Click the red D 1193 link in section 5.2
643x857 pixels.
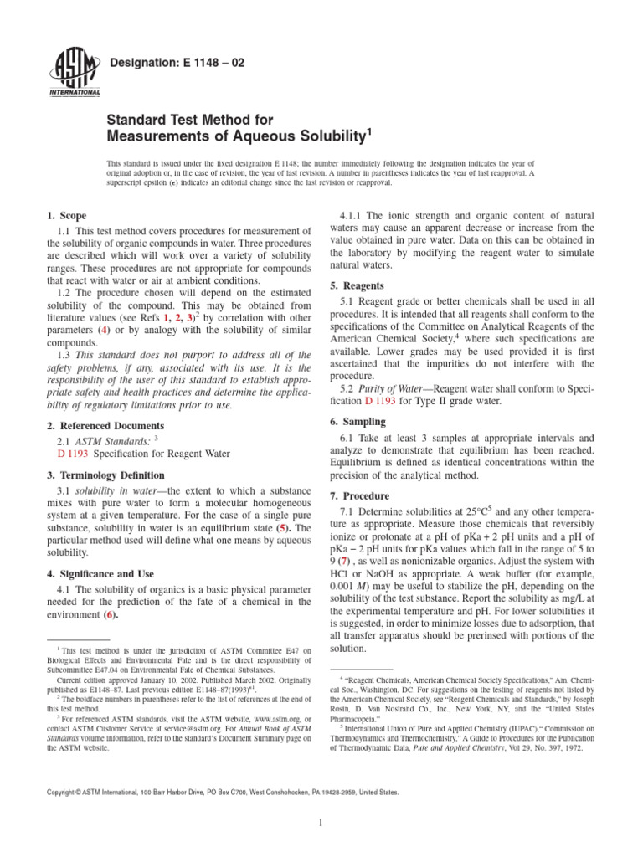(382, 401)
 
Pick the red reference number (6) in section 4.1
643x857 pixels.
(110, 615)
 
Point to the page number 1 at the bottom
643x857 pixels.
(321, 824)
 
